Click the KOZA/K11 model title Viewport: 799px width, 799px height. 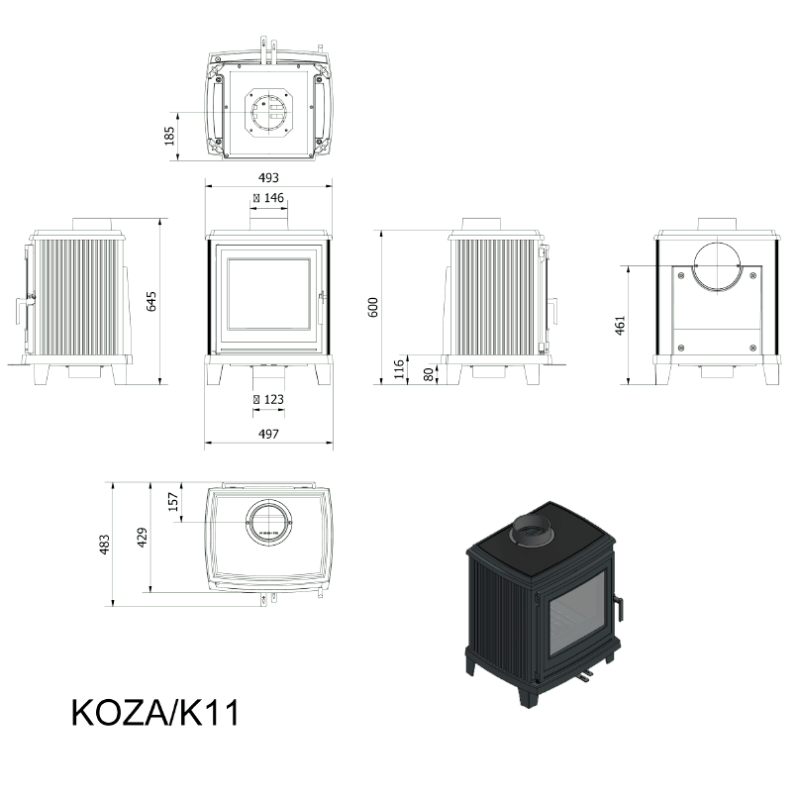pos(155,713)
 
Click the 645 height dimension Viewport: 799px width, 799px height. pos(151,301)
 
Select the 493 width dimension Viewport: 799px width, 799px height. pos(268,177)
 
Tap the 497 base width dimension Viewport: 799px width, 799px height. pos(268,434)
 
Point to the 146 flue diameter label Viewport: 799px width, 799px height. pos(268,198)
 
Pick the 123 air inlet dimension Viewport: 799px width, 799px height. pos(268,400)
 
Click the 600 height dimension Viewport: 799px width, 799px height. pos(373,307)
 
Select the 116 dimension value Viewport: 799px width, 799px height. pos(399,369)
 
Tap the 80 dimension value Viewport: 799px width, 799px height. pos(429,374)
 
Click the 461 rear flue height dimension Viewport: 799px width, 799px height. pos(620,325)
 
